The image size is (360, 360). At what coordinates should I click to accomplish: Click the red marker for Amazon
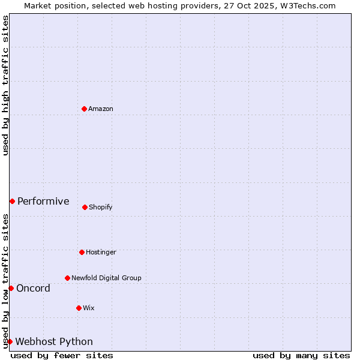click(x=84, y=109)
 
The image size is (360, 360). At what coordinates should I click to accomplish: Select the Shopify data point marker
click(x=85, y=207)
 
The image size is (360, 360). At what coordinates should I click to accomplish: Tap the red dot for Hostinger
click(x=82, y=252)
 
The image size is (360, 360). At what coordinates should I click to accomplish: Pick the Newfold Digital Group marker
click(x=67, y=278)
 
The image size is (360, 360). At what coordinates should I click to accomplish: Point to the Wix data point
click(x=79, y=308)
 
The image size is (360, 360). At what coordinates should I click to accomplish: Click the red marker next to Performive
click(x=12, y=201)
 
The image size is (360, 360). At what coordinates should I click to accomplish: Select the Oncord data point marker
click(x=11, y=288)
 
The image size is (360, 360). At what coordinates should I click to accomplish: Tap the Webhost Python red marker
click(x=10, y=341)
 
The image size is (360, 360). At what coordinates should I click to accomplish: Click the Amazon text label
click(x=101, y=109)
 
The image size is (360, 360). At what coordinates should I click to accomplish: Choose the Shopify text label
click(x=101, y=207)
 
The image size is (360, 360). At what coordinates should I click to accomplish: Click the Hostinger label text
click(x=101, y=252)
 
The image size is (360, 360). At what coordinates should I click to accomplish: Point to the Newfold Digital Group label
click(x=107, y=278)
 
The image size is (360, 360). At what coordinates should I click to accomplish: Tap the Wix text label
click(x=89, y=308)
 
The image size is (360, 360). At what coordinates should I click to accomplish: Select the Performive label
click(x=43, y=201)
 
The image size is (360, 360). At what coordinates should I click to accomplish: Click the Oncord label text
click(x=33, y=288)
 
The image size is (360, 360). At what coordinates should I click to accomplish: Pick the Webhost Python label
click(x=54, y=341)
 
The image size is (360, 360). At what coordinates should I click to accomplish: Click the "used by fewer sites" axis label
click(x=62, y=355)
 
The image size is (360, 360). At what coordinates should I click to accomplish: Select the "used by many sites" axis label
click(x=301, y=355)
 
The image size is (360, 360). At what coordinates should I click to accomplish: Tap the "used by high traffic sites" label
click(x=5, y=85)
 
